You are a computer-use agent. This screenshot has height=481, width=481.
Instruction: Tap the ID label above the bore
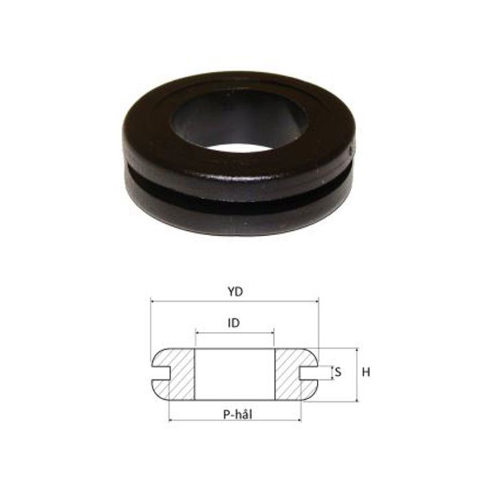234,322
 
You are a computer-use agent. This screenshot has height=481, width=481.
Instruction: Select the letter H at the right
366,372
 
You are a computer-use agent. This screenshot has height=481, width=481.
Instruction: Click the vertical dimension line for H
357,374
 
